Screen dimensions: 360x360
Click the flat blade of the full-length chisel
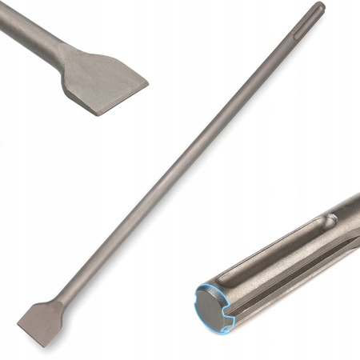click(x=40, y=320)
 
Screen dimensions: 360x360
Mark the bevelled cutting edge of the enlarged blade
click(x=120, y=99)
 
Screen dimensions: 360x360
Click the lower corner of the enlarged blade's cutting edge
click(x=94, y=113)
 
